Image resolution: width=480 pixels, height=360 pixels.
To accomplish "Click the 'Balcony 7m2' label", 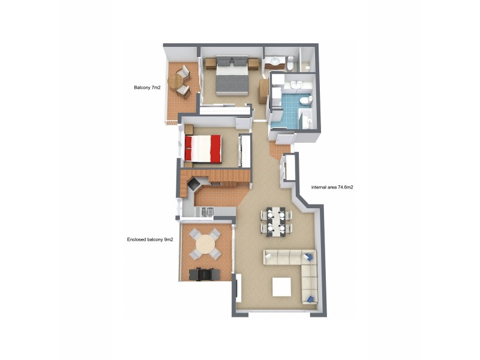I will pos(147,88).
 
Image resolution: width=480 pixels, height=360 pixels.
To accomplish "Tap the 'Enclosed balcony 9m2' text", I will pos(150,239).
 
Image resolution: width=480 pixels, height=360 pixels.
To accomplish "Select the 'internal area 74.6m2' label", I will pos(332,187).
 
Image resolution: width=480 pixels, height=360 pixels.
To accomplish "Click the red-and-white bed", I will pos(203,148).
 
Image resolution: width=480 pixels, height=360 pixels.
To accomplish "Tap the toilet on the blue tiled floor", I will pos(306,99).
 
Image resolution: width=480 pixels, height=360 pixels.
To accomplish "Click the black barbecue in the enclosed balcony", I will pos(204,274).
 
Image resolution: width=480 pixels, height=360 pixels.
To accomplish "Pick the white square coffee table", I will pos(283,287).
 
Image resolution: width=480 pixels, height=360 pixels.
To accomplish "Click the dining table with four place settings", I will pos(277,220).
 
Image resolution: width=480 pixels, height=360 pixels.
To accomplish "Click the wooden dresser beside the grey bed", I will pos(263,91).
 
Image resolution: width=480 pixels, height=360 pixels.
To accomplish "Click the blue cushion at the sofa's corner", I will pos(308,257).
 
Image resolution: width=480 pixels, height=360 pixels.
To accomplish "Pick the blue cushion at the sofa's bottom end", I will pos(310,298).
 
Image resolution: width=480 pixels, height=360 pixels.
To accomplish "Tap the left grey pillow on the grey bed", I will pos(222,61).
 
